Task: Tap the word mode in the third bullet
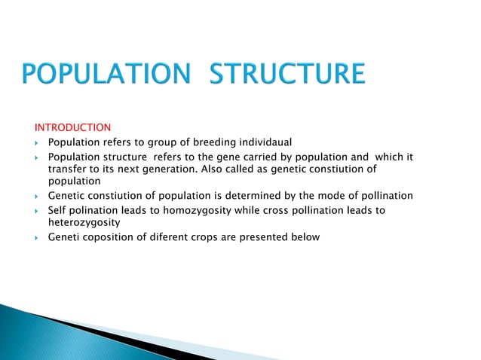click(x=320, y=196)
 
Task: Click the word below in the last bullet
click(x=304, y=237)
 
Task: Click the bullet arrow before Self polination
click(x=36, y=211)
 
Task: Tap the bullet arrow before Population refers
click(x=36, y=142)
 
